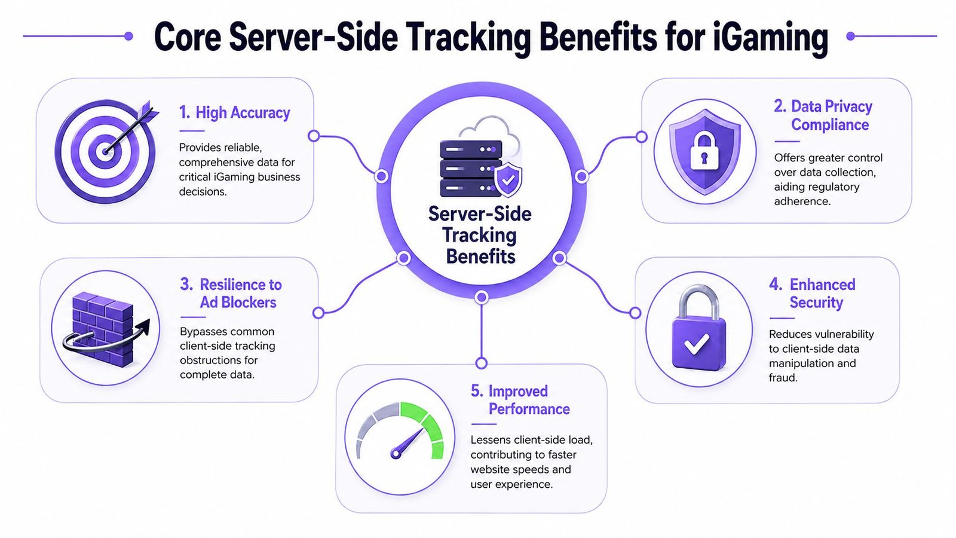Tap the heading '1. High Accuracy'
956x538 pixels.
coord(234,113)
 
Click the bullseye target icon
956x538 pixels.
coord(105,151)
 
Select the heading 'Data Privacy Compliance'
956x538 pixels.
coord(823,115)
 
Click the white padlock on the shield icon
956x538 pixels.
coord(704,152)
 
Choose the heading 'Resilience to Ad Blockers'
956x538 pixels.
coord(231,294)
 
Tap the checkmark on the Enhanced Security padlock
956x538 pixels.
coord(697,343)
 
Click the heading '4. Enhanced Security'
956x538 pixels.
coord(812,294)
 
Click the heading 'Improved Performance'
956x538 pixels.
coord(520,400)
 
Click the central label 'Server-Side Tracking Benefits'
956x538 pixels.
coord(480,236)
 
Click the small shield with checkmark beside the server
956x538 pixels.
coord(508,179)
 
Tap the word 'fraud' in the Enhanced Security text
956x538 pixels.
coord(783,377)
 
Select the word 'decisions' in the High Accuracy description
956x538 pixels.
coord(203,192)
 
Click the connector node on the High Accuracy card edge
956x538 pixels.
coord(314,136)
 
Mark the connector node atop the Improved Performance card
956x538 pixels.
coord(482,363)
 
